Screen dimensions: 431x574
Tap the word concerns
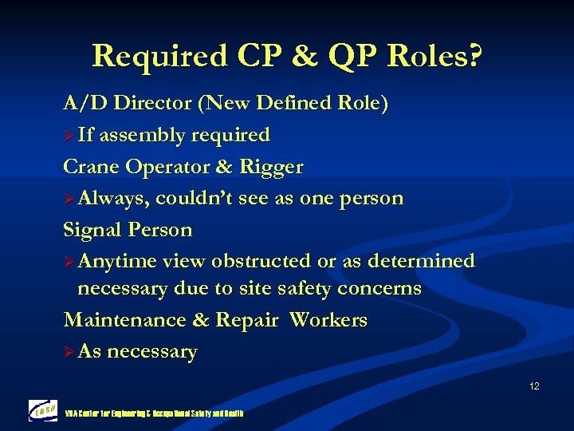click(x=379, y=288)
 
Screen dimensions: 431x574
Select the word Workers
click(x=328, y=320)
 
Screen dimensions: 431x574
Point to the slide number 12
click(x=533, y=386)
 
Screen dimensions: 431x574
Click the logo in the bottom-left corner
click(x=42, y=410)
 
